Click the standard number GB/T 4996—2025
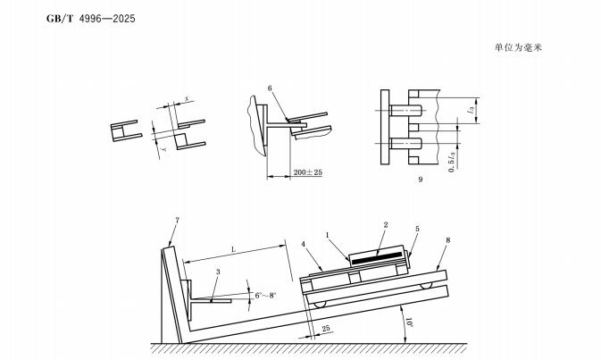pos(91,19)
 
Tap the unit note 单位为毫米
pos(518,47)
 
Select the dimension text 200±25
pos(308,172)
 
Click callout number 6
pos(270,88)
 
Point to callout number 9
pos(421,179)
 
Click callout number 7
pos(177,220)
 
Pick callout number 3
pos(218,272)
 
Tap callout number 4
pos(304,244)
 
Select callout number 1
pos(328,235)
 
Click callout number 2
pos(386,224)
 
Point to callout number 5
pos(417,229)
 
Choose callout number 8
pos(447,240)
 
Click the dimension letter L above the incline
pos(233,249)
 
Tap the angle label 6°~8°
pos(265,295)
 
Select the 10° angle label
pos(410,322)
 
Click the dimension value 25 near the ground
pos(326,329)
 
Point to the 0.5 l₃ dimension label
pos(452,162)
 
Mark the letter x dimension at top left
pos(187,98)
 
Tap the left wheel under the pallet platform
pos(320,304)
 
